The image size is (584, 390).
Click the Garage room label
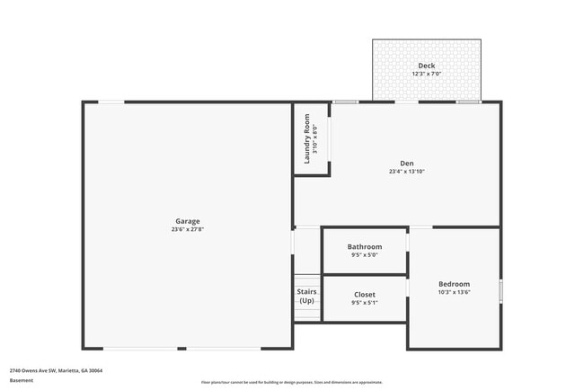click(x=188, y=221)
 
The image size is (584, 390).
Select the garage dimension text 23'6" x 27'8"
click(x=188, y=229)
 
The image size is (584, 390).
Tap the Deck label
click(x=426, y=66)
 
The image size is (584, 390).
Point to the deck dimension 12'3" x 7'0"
click(x=426, y=74)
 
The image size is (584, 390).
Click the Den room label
click(x=406, y=163)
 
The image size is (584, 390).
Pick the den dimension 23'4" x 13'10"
click(x=406, y=171)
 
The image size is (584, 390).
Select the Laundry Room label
click(x=307, y=138)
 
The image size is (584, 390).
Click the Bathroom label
click(x=365, y=246)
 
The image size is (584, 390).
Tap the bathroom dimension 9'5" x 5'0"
click(x=365, y=255)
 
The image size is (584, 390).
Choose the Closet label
click(x=365, y=294)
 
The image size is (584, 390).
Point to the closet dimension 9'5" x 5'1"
click(x=365, y=303)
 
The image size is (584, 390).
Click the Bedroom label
click(x=454, y=284)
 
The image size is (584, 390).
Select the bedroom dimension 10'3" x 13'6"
click(x=454, y=292)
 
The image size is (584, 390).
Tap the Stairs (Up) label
click(x=306, y=296)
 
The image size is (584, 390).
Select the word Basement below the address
click(x=22, y=380)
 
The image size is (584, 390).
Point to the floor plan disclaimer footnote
click(x=292, y=382)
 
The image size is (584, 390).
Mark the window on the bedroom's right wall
click(x=500, y=291)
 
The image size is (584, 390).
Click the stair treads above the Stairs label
click(x=306, y=279)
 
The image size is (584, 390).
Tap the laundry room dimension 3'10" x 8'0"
click(x=315, y=138)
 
